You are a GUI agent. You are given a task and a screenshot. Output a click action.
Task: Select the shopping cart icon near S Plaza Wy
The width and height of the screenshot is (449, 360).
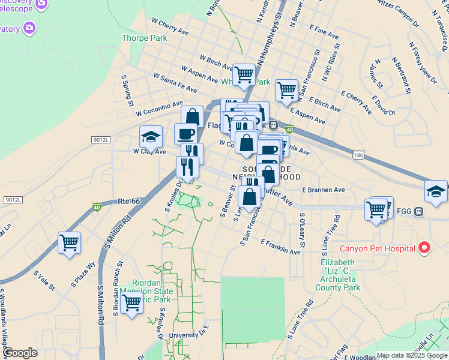(70, 243)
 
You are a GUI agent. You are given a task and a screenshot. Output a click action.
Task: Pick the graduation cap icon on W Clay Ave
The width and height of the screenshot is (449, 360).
(151, 137)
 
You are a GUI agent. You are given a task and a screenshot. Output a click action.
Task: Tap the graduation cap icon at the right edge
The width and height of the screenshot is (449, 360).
(436, 191)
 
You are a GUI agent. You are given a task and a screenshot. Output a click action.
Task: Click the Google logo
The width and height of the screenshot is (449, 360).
(19, 353)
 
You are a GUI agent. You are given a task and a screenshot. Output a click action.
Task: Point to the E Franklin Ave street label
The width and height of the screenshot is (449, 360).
(280, 248)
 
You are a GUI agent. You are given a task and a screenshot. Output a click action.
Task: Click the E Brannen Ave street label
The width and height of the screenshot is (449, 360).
(324, 190)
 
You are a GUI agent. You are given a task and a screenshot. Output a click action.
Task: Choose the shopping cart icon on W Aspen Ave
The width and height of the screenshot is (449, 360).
(244, 75)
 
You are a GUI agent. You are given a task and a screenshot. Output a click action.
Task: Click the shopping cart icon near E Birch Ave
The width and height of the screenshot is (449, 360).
(287, 91)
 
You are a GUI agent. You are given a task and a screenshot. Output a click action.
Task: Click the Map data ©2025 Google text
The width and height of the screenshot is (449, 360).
(412, 355)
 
